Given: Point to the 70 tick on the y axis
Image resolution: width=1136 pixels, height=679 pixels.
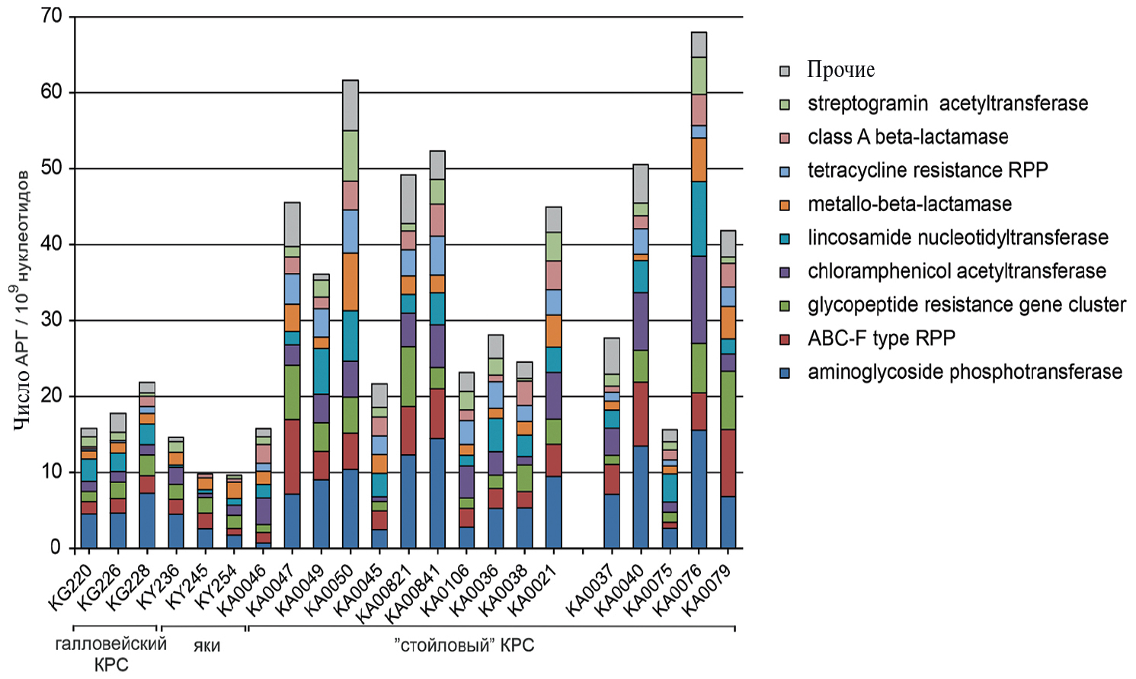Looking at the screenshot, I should coord(53,17).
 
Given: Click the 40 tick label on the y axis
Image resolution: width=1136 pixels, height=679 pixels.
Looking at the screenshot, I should coord(53,244).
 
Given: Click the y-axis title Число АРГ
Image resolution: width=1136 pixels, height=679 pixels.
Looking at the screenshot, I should coord(22,301).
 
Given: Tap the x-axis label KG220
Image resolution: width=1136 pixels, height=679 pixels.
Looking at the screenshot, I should coord(71,588).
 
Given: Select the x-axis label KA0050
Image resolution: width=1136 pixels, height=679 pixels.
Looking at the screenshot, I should coord(328,591).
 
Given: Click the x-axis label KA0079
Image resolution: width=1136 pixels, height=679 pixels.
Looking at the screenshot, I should coord(706,591).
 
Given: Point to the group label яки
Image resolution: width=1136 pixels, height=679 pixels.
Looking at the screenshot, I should coord(206,646).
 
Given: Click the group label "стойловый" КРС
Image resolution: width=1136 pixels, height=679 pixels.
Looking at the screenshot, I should coord(464,645).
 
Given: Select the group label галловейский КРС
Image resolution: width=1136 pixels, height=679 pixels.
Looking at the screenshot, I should coord(111,654).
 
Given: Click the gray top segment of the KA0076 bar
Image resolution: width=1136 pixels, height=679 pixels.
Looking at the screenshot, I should coord(699,44).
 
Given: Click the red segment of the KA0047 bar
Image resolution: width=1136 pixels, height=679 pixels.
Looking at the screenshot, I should coord(292,456).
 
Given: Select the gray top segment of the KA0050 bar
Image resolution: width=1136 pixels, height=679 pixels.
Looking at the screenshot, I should coord(350,105).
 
